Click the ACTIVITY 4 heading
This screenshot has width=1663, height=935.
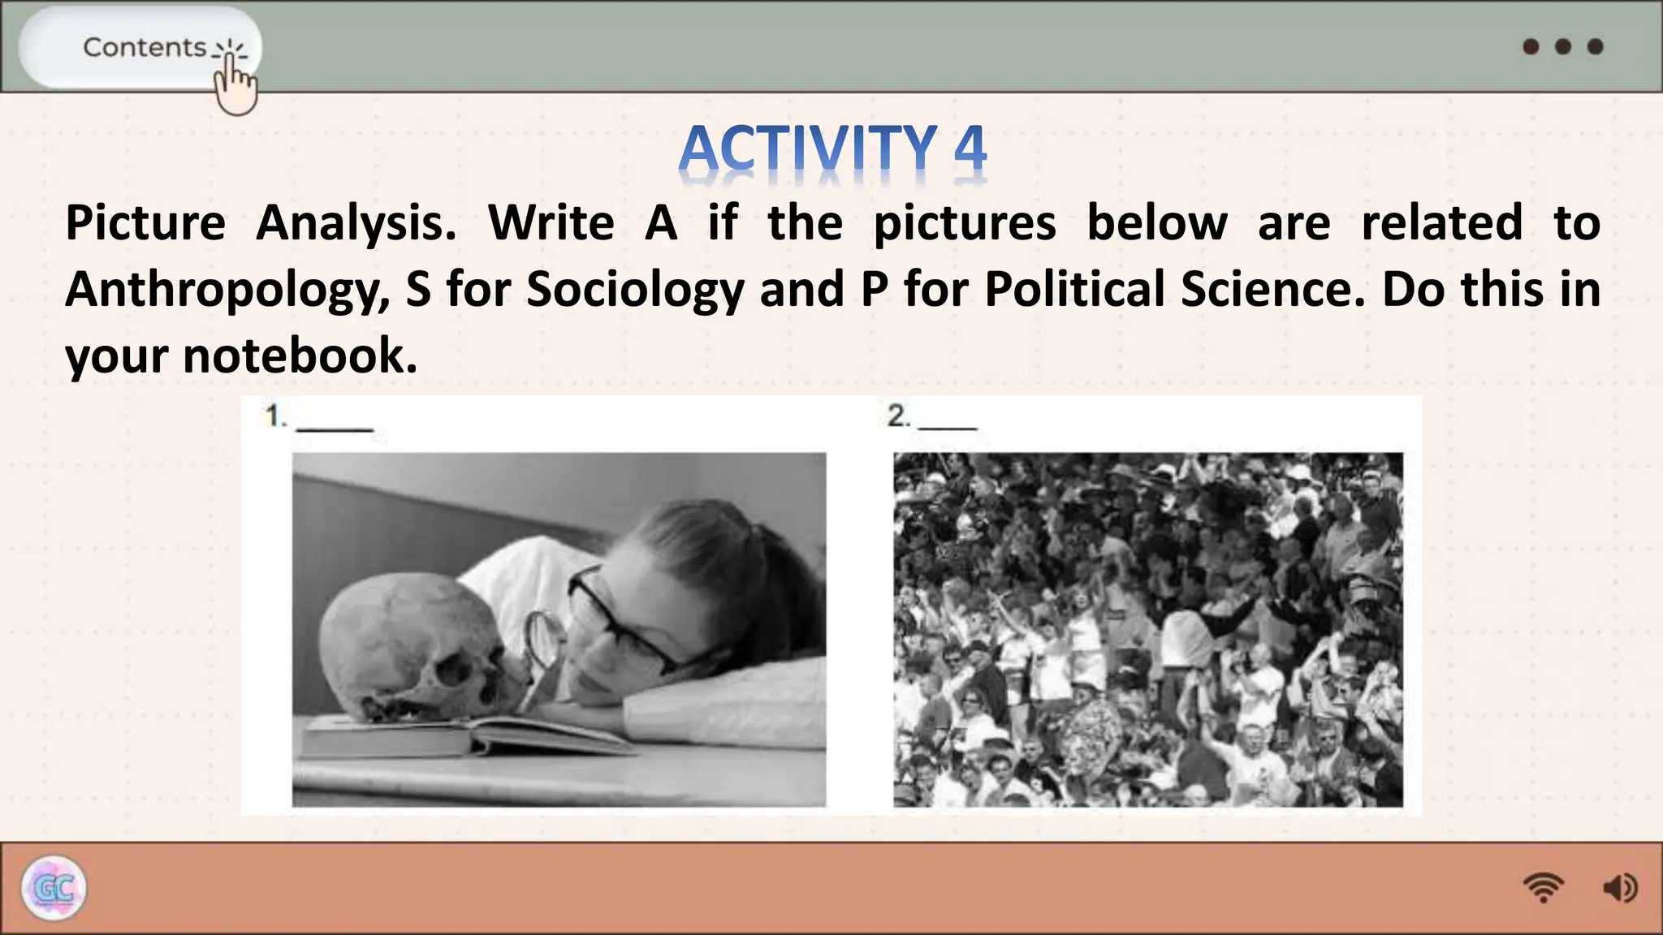[x=832, y=149]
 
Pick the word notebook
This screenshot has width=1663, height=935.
[x=300, y=355]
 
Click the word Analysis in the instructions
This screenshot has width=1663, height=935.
[x=356, y=223]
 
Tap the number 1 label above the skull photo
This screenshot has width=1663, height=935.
[x=275, y=416]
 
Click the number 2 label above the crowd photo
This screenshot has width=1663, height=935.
[x=898, y=416]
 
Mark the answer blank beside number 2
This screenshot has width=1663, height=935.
[x=948, y=424]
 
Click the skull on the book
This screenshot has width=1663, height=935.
[x=414, y=649]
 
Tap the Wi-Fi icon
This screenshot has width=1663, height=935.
[x=1543, y=887]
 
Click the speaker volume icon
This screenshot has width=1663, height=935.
[x=1619, y=888]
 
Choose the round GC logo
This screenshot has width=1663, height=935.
[x=54, y=888]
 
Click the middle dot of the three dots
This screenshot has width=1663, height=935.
[x=1563, y=46]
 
